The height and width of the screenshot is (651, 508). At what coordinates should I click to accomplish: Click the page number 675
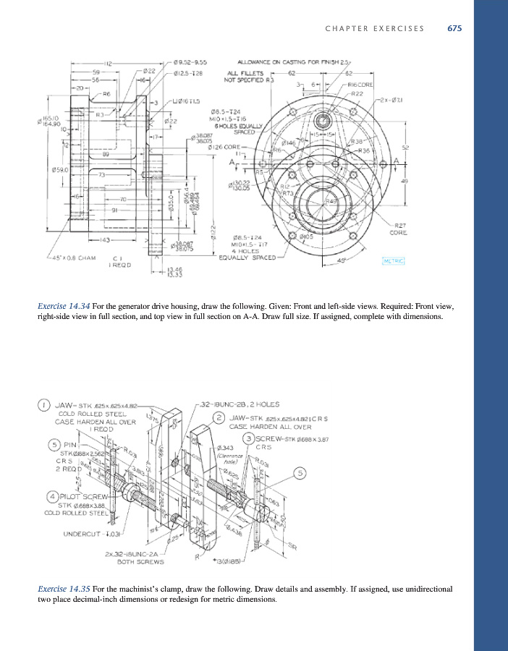[454, 28]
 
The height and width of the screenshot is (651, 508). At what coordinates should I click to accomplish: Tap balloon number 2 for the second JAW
[219, 417]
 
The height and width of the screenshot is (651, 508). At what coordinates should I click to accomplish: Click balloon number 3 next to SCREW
[248, 438]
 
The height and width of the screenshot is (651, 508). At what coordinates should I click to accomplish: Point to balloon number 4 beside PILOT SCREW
[53, 496]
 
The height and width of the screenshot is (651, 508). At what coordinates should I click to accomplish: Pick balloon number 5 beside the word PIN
[54, 444]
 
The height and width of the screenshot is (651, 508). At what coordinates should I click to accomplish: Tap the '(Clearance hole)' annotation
[227, 458]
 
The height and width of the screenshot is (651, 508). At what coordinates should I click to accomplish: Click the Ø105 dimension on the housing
[305, 236]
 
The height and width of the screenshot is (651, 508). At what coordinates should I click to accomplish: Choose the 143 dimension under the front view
[106, 239]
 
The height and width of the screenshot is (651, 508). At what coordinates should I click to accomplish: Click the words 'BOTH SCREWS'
[132, 561]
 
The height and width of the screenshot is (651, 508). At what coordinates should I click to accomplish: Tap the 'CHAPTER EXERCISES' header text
[374, 28]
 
